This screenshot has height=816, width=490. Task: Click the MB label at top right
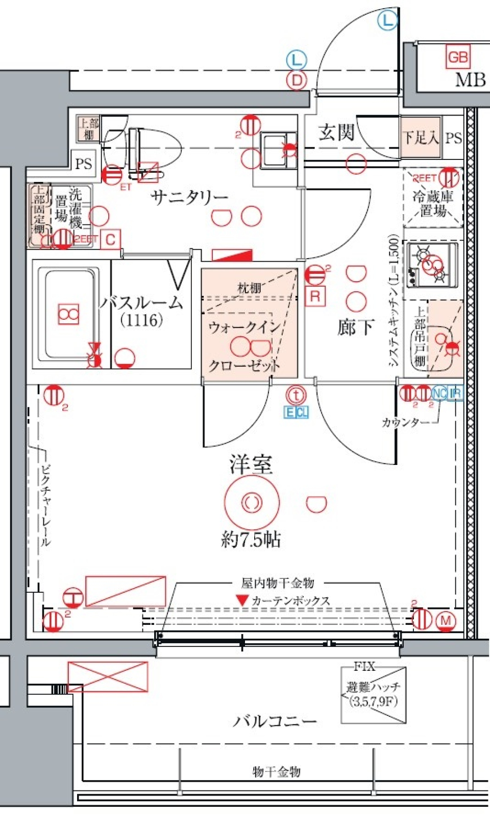(x=470, y=80)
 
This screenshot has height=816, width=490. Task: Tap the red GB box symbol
(x=457, y=57)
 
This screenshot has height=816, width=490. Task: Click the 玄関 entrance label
(x=336, y=132)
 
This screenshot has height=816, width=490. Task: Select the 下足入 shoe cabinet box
(x=421, y=137)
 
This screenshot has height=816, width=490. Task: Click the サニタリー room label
(x=189, y=196)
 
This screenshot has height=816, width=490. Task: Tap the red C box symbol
(x=111, y=240)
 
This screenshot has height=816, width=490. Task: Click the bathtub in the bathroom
(x=69, y=314)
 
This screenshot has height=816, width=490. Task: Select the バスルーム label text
(x=141, y=302)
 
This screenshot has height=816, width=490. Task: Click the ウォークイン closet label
(x=244, y=327)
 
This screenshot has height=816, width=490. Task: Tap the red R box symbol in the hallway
(x=315, y=296)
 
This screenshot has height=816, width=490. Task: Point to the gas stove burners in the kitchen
(x=432, y=264)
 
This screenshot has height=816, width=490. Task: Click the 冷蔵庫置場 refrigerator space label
(x=433, y=203)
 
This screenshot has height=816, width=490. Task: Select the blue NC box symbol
(x=439, y=393)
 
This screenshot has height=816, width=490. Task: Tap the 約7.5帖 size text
(x=251, y=539)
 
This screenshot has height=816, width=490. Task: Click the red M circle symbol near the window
(x=446, y=620)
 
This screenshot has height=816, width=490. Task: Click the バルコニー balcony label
(x=275, y=721)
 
